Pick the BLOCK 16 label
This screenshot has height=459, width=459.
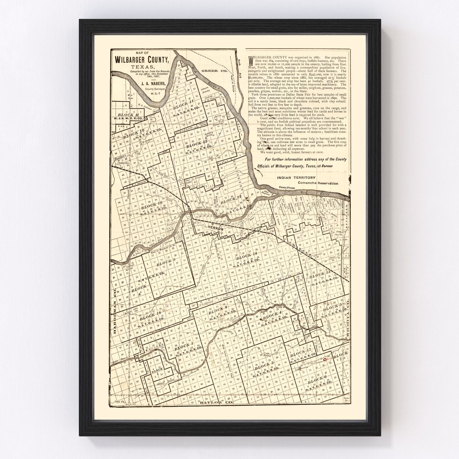(151, 207)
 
